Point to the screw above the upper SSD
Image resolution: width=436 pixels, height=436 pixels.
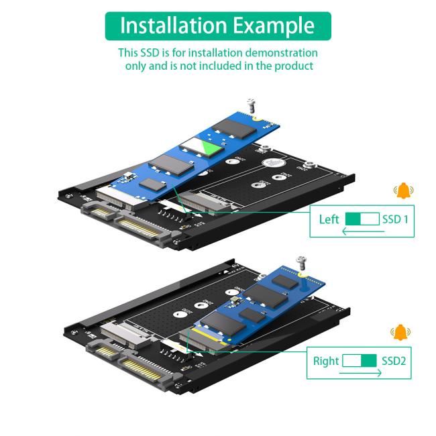click(252, 105)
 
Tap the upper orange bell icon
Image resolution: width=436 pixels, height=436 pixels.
click(403, 191)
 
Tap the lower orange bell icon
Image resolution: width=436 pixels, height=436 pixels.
click(400, 331)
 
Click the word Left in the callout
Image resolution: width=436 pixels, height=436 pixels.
click(329, 219)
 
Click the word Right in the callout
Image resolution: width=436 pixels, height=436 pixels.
click(326, 361)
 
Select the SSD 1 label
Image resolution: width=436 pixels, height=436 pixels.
click(395, 219)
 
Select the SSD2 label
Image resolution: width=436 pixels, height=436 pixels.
click(394, 361)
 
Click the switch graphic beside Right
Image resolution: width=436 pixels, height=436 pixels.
click(360, 361)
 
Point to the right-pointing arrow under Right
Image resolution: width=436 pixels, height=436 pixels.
click(360, 373)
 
